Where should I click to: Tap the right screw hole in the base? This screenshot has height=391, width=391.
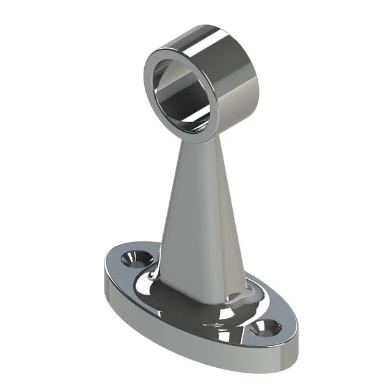click(265, 328)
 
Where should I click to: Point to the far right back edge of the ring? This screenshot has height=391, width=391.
click(257, 73)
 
